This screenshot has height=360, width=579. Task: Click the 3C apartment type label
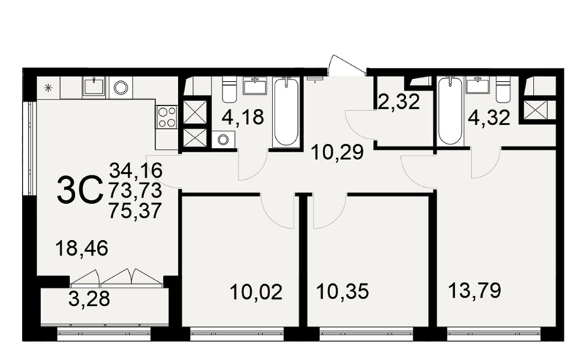point(80,191)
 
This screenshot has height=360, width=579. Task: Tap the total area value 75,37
point(136,211)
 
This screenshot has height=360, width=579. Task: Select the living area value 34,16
point(136,170)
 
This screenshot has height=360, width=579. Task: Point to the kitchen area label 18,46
point(82,248)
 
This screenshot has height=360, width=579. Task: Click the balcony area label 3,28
point(89,299)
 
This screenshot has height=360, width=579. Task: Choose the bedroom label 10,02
point(256,292)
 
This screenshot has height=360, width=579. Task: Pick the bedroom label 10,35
point(342,291)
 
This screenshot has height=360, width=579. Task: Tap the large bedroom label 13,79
point(475,290)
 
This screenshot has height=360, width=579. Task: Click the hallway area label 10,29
point(337,152)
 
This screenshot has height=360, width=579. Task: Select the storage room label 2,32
point(399,102)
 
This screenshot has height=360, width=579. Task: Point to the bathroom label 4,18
point(243,117)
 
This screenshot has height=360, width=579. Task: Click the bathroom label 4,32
point(489,118)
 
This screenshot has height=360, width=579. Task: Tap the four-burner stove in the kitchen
point(167,117)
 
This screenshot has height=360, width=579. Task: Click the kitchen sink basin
point(94,87)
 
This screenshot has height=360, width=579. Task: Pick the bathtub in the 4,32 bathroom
point(449,111)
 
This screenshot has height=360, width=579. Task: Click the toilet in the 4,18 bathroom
point(229,90)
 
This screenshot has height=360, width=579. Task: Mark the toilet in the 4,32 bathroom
point(502,89)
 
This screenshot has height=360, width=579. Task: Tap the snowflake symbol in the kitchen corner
point(48,88)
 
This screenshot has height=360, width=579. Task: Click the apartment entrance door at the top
point(346,66)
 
